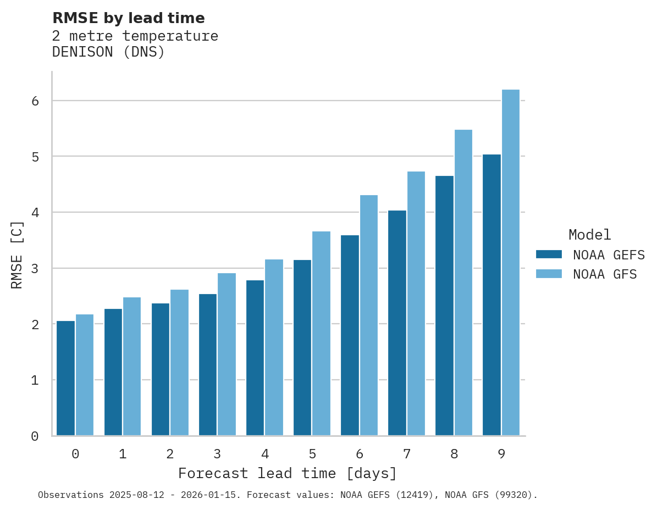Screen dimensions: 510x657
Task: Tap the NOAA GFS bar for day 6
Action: pos(369,315)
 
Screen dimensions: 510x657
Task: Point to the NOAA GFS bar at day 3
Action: pos(227,354)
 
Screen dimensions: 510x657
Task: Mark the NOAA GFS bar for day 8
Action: pos(463,282)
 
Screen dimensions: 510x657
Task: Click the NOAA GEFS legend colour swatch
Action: pos(549,254)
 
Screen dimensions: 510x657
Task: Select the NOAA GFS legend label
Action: pos(605,274)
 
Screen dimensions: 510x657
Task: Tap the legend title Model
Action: pos(589,235)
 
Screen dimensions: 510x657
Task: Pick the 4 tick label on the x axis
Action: pos(265,454)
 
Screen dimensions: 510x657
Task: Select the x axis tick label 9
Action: pos(501,454)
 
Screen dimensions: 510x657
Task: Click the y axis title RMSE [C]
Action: pos(17,254)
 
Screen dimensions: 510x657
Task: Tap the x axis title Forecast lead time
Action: pos(287,474)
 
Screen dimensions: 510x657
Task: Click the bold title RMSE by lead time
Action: pos(128,18)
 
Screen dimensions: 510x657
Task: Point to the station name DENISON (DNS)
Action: pos(108,52)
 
